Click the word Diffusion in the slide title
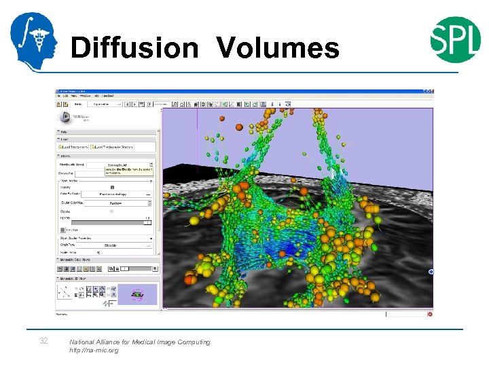134,48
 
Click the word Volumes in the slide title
278,48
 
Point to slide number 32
43,341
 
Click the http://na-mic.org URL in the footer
94,350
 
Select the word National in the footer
84,342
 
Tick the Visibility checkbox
112,187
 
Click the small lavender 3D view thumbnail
138,293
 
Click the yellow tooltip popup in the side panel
128,168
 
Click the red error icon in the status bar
430,314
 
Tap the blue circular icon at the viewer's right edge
431,272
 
